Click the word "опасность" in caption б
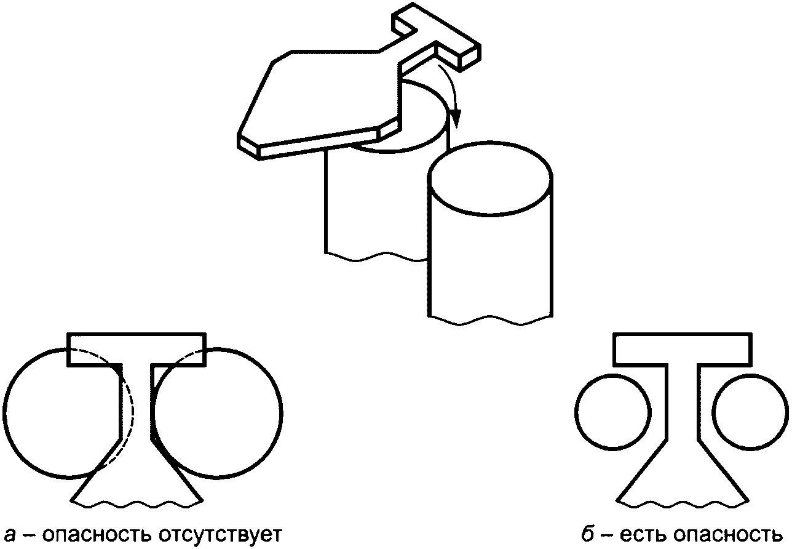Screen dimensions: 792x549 tap(725, 532)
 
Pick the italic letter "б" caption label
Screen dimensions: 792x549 tap(588, 532)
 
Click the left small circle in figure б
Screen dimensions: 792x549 tap(613, 411)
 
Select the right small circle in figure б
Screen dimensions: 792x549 tap(750, 411)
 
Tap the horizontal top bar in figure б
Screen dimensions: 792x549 tap(682, 349)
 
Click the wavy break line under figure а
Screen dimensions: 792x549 tap(136, 503)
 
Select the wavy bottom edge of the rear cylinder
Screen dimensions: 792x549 tap(375, 257)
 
